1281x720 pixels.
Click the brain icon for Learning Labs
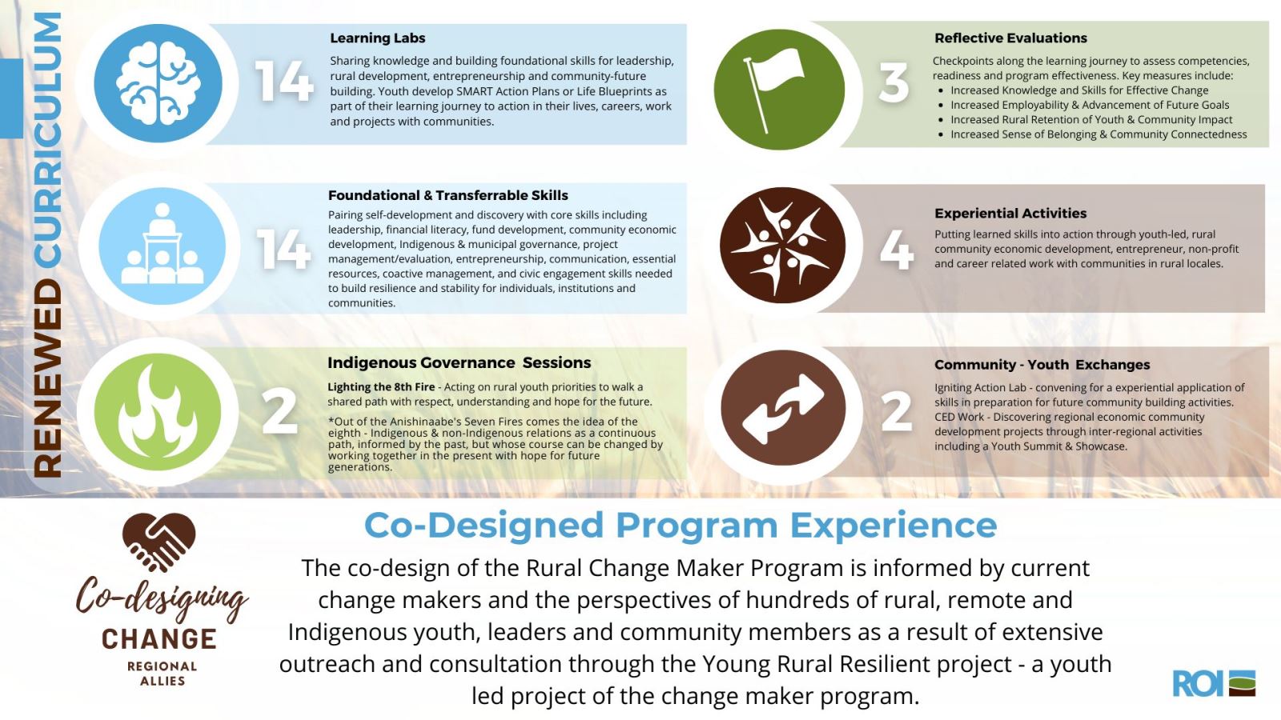click(x=158, y=83)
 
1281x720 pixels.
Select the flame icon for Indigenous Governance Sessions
click(x=158, y=411)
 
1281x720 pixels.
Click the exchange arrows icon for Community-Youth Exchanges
click(x=782, y=409)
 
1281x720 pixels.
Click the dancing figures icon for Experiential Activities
click(x=781, y=245)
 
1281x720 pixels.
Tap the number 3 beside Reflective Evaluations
click(x=893, y=82)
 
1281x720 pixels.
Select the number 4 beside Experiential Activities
click(x=897, y=249)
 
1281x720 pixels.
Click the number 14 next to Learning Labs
click(x=283, y=82)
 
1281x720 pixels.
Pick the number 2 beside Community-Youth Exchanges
click(x=897, y=411)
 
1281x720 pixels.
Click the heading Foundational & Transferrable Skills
click(x=448, y=195)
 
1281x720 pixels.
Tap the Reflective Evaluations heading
click(x=1010, y=38)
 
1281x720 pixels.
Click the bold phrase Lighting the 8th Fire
click(x=381, y=386)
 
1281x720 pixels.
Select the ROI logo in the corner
click(x=1214, y=683)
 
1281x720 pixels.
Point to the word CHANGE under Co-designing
click(x=159, y=639)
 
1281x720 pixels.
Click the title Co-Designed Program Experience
click(x=681, y=526)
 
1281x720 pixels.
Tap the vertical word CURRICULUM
click(x=48, y=139)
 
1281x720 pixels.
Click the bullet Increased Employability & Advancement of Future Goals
click(x=1089, y=105)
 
